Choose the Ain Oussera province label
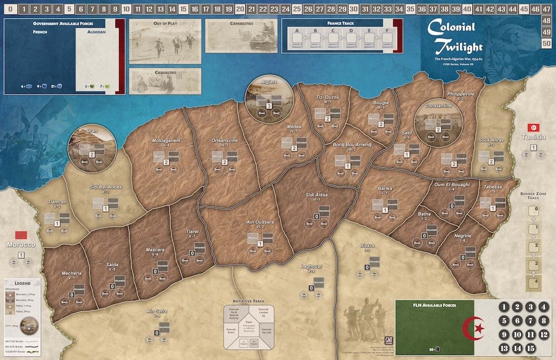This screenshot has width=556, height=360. tap(260, 223)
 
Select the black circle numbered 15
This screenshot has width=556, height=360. tap(530, 348)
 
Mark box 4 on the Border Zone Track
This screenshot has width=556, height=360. tap(536, 282)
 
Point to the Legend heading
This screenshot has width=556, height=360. tap(22, 283)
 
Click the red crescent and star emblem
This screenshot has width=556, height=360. tap(476, 329)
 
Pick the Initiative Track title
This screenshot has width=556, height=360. tap(249, 301)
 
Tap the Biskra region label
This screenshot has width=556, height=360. tap(367, 246)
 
